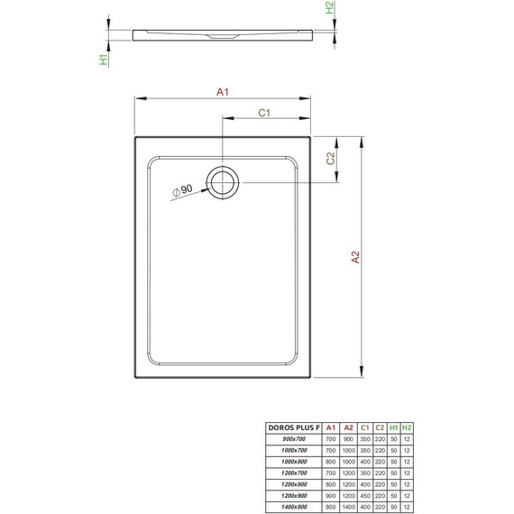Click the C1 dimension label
[265, 113]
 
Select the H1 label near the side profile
[105, 60]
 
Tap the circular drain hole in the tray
[221, 181]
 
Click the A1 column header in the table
[331, 428]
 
